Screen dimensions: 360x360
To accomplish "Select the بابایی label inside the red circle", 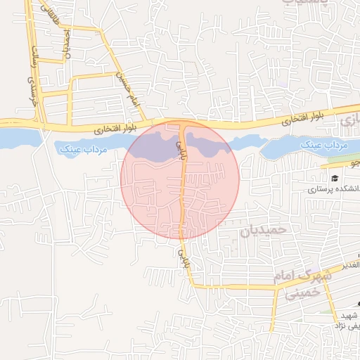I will point(179,149).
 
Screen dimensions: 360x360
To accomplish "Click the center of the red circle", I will point(180,179).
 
